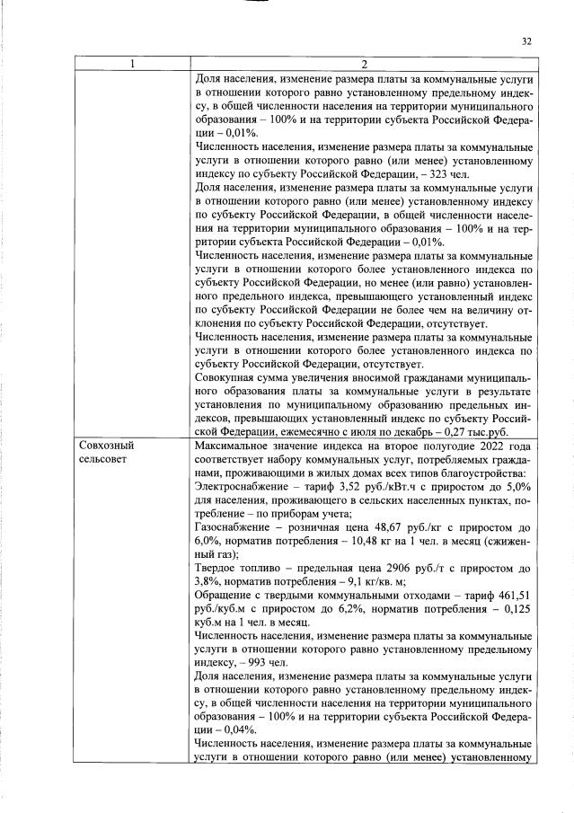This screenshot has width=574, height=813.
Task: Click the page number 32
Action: tap(527, 40)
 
